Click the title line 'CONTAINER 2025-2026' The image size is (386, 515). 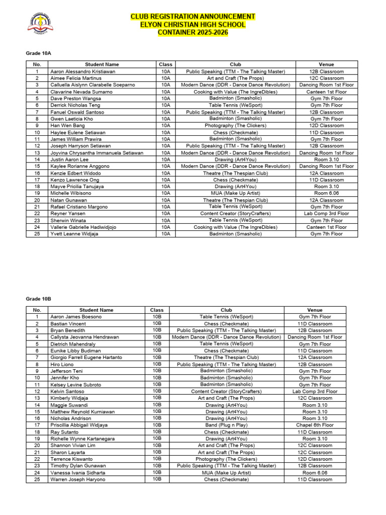[192, 33]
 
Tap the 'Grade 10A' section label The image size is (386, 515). [38, 53]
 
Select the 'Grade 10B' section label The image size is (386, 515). [38, 299]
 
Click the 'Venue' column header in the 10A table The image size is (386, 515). [326, 64]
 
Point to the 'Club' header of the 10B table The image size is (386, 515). [226, 310]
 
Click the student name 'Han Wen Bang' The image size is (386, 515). [67, 126]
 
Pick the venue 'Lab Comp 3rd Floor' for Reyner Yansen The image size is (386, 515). [326, 214]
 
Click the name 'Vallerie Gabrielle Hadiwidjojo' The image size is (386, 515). [83, 227]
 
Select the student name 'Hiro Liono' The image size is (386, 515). [62, 364]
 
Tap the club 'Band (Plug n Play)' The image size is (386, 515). [226, 425]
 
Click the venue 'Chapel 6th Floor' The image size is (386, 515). [315, 425]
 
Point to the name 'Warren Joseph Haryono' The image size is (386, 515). [78, 479]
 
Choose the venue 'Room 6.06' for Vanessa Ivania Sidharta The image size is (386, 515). [315, 473]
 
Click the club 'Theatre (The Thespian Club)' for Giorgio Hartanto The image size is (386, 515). [226, 357]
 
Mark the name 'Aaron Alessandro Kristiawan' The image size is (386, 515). [82, 71]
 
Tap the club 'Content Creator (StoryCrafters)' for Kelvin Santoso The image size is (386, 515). [226, 391]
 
